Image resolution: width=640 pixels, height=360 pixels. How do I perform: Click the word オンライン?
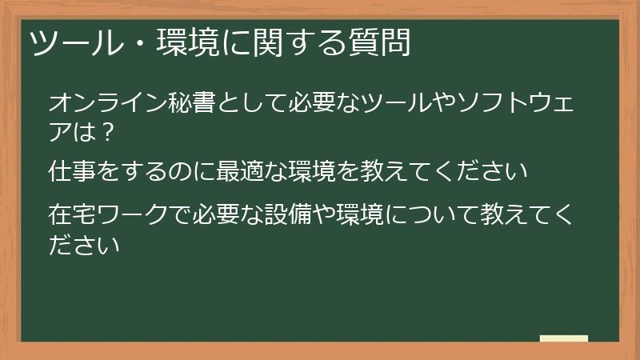[x=97, y=103]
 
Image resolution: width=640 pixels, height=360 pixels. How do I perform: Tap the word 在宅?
[x=73, y=216]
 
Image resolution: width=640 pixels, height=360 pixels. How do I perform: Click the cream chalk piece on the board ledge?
[x=564, y=338]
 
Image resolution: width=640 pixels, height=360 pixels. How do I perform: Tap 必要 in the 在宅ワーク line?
[x=217, y=216]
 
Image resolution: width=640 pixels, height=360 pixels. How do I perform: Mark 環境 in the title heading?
[x=167, y=42]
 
